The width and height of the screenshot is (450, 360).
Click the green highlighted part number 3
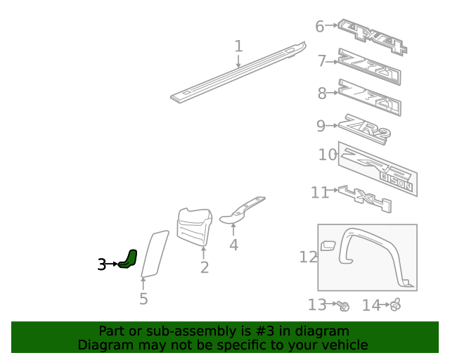click(x=129, y=259)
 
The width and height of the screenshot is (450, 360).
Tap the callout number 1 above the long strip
click(x=238, y=46)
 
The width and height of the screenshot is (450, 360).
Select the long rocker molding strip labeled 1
click(x=239, y=73)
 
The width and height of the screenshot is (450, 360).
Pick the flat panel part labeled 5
click(x=154, y=252)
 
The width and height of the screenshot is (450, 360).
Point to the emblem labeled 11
click(x=364, y=198)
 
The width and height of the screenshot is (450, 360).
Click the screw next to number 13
click(x=343, y=305)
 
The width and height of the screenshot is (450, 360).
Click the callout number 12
click(x=308, y=257)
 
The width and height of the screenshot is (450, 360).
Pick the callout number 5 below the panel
click(x=143, y=299)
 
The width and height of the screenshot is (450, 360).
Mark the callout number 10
click(x=328, y=154)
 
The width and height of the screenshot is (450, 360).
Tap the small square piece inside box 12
click(x=328, y=245)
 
